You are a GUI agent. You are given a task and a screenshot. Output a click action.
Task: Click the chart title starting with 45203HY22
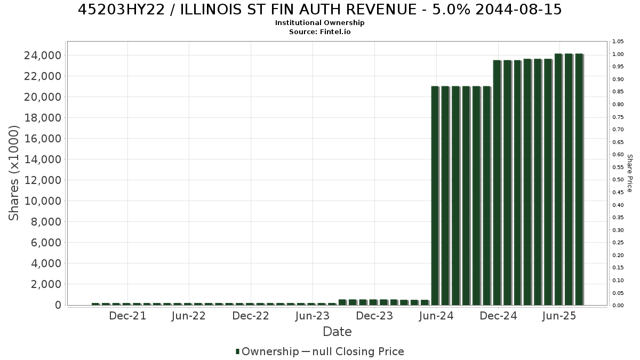tap(319, 10)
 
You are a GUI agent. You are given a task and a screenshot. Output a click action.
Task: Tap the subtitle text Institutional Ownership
tap(319, 23)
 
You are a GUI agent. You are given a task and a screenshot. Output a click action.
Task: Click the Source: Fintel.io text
tap(319, 31)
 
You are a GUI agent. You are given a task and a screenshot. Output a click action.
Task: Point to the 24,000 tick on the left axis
tap(43, 55)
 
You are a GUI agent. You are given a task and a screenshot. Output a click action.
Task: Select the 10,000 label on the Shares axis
tap(43, 201)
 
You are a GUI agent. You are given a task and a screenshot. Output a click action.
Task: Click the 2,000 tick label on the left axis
tap(46, 284)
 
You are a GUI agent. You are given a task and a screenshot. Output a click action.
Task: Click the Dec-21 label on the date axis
tap(127, 316)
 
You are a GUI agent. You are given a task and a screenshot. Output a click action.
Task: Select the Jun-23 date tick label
tap(313, 316)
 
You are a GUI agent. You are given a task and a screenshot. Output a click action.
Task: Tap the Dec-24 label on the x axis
tap(498, 316)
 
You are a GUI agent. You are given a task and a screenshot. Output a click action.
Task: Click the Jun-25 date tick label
tap(559, 316)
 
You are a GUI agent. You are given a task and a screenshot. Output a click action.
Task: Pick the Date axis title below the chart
tap(337, 332)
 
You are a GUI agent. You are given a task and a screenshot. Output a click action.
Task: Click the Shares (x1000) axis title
tap(13, 173)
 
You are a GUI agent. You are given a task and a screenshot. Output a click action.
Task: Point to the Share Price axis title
tap(629, 173)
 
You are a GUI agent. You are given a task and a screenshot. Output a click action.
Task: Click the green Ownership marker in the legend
tap(237, 351)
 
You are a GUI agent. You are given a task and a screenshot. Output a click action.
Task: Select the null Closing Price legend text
tap(358, 351)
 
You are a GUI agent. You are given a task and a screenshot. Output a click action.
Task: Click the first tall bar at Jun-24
tap(435, 196)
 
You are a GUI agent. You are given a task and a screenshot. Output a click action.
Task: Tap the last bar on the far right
tap(579, 179)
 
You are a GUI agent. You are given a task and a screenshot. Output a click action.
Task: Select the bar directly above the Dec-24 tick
tap(497, 182)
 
